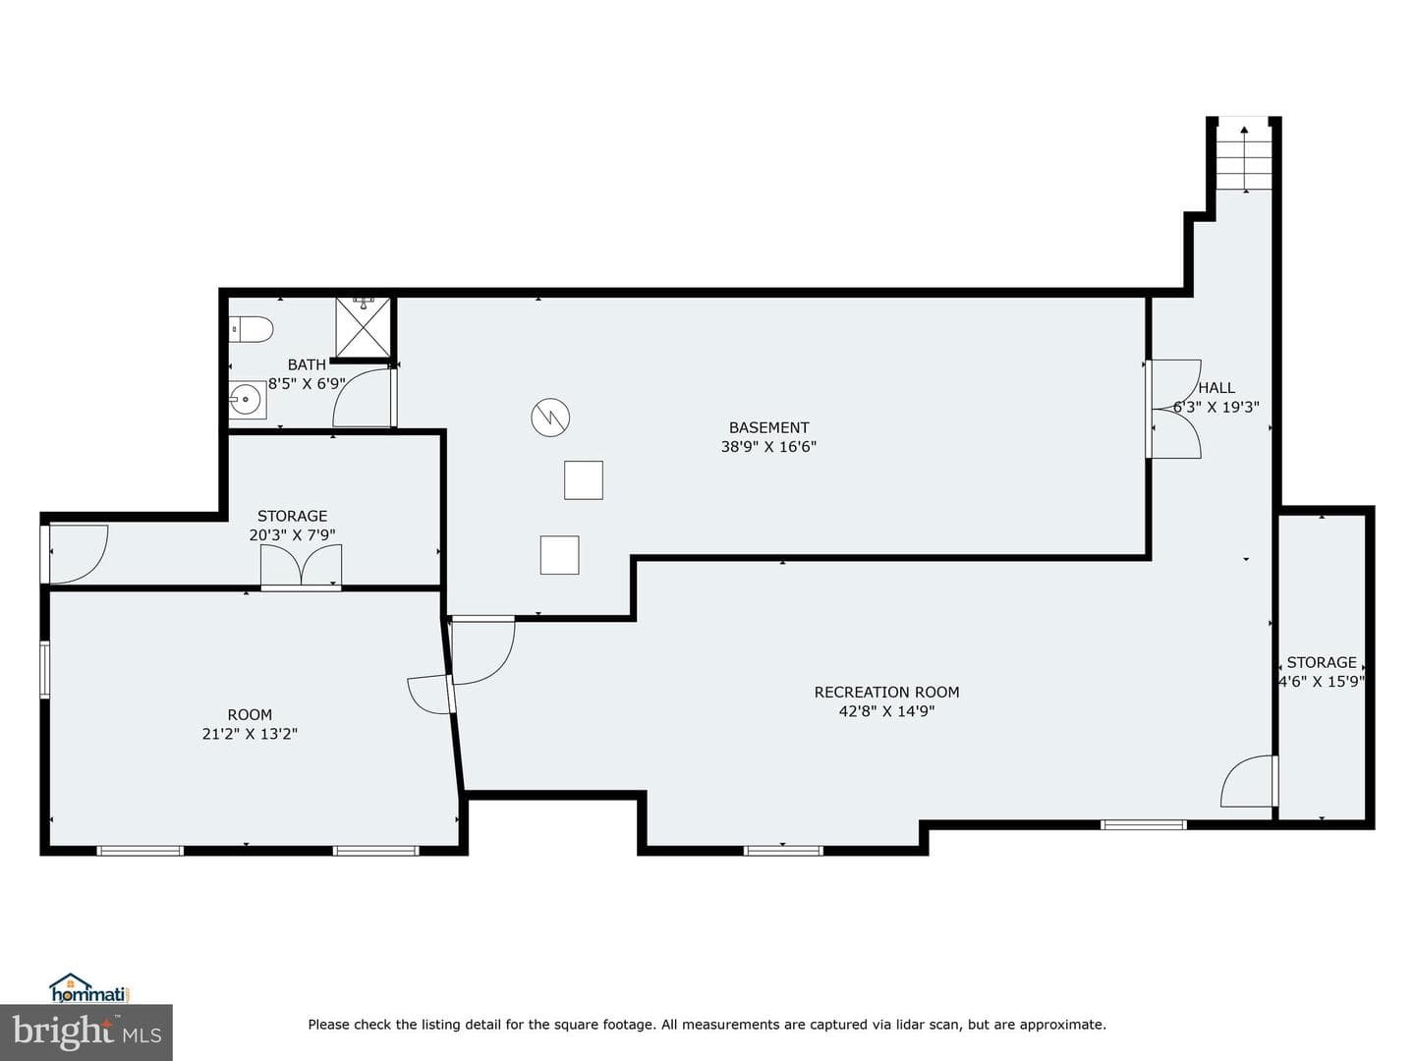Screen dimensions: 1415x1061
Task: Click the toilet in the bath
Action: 252,329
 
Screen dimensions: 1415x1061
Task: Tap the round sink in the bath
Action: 248,400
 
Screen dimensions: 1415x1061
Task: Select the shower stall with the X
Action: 363,326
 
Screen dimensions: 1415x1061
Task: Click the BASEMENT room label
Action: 768,427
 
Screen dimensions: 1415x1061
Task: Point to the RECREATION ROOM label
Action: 886,692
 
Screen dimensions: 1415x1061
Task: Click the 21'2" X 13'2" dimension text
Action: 250,734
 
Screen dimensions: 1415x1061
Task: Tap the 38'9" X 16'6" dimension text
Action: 768,446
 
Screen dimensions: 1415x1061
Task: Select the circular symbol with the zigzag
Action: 550,418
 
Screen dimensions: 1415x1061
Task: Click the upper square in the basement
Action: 584,480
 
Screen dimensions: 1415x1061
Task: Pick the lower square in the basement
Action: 559,555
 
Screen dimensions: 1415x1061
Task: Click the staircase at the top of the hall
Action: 1244,154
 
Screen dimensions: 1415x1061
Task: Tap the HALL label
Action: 1217,388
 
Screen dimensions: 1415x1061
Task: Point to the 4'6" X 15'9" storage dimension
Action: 1322,681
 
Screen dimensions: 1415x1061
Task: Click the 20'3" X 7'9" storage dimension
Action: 292,534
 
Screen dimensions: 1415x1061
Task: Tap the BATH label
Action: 307,364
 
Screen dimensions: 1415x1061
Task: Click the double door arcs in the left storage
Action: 301,567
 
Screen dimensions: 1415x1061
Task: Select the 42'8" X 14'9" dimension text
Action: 886,711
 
